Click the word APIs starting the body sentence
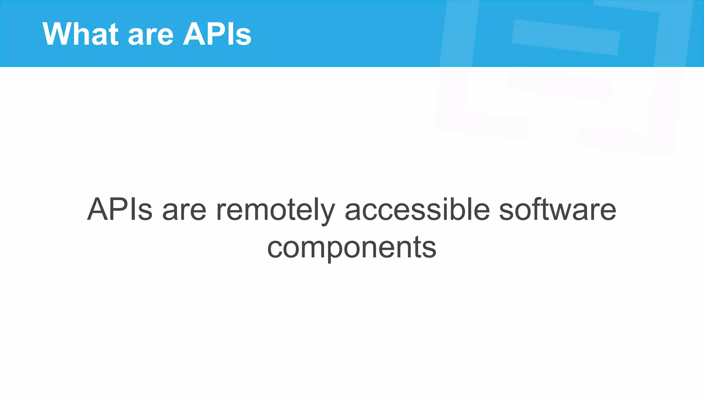pos(120,209)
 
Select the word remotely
pos(275,210)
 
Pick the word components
pos(352,247)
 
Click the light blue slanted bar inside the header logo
pos(566,37)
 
